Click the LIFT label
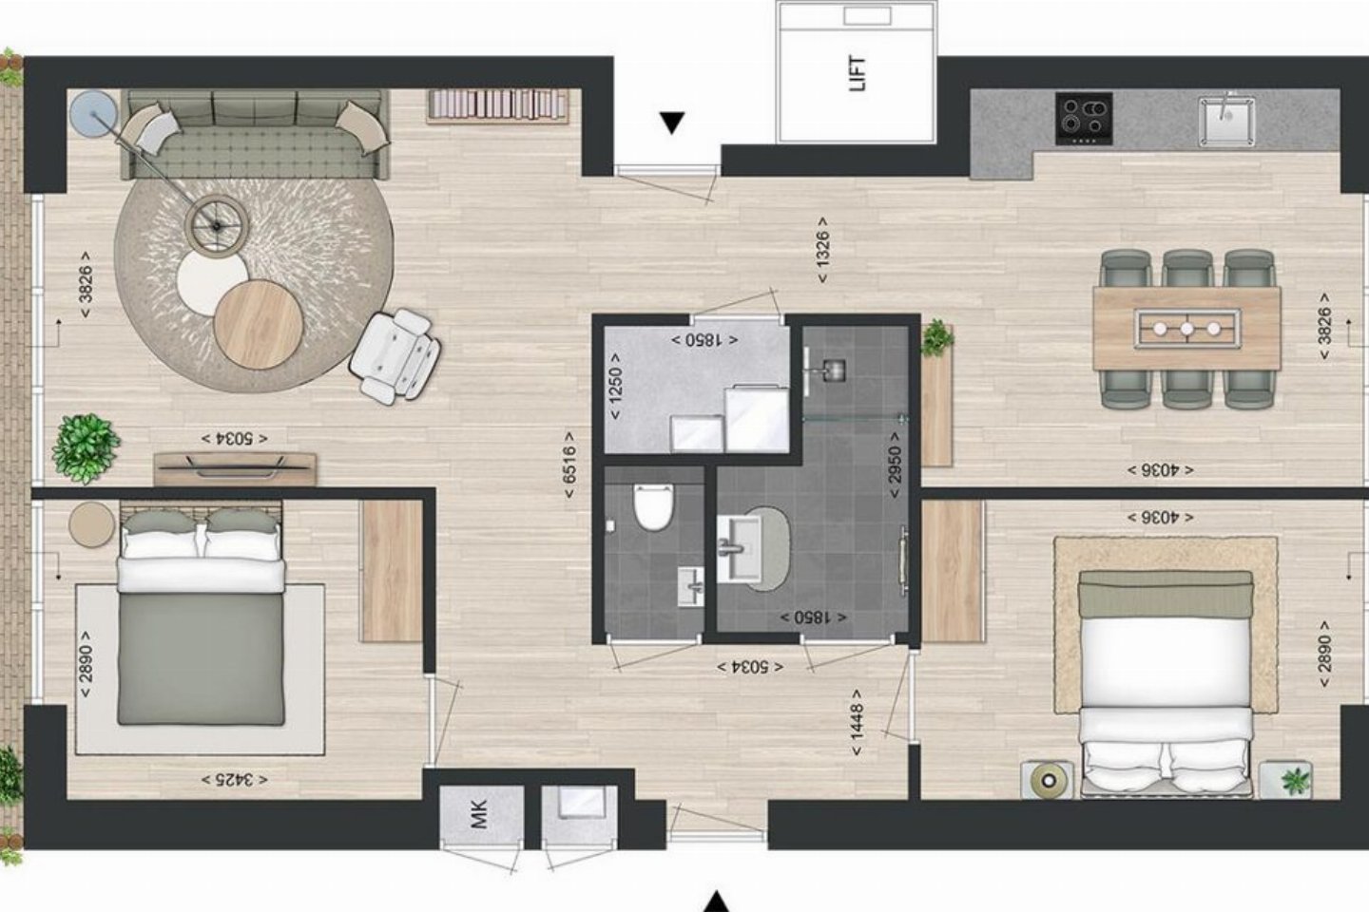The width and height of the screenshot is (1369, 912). tap(858, 73)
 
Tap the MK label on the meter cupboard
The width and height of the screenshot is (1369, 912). tap(480, 814)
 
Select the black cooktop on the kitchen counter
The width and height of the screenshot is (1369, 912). tap(1084, 119)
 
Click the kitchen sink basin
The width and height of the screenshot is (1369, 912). tap(1226, 122)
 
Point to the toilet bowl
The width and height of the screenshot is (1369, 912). tap(653, 507)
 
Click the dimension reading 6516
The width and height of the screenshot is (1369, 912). tap(569, 465)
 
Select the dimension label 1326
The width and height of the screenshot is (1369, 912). tap(822, 249)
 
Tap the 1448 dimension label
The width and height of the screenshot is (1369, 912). tap(857, 721)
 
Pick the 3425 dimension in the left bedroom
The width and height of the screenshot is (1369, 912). tap(234, 780)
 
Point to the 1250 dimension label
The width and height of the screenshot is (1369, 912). tap(615, 386)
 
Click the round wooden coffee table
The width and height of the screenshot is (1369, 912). tap(259, 324)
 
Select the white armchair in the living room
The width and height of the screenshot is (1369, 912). tap(395, 356)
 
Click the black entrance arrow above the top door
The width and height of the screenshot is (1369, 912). tap(672, 123)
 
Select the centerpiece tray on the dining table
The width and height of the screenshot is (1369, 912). tap(1186, 329)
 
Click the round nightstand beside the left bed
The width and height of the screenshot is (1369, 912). tap(91, 524)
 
